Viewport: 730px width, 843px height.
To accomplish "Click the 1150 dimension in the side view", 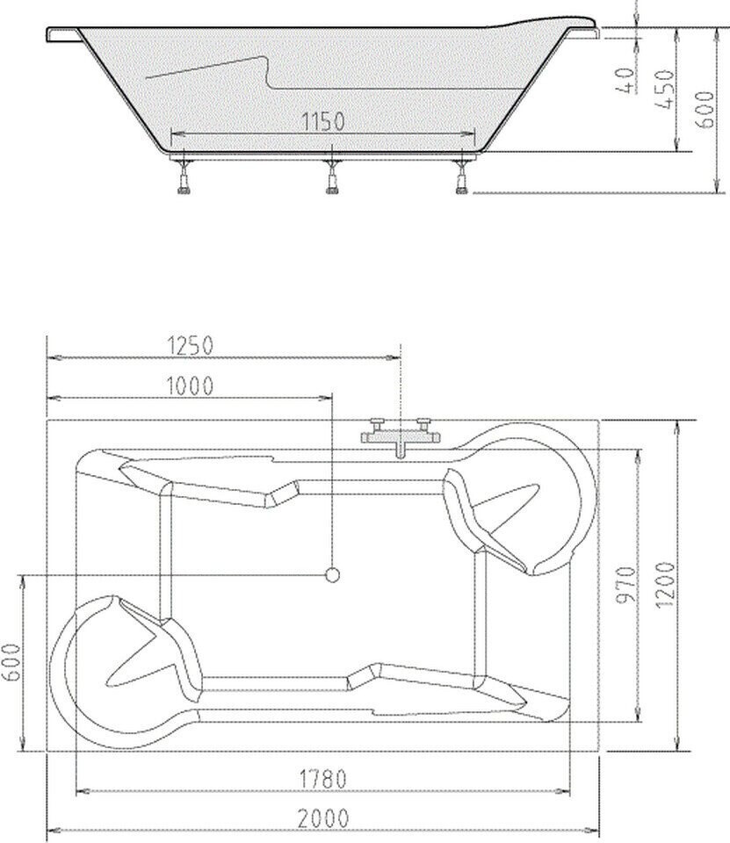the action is [322, 121].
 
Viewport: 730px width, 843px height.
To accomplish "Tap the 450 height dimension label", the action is [666, 90].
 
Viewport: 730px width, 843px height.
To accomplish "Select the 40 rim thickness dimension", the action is [625, 80].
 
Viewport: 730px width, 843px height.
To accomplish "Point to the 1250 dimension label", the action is [191, 345].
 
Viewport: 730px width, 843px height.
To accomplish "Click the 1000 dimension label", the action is [190, 385].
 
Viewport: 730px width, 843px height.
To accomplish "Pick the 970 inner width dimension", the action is [625, 584].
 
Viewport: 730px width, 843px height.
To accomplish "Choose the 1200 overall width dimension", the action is [666, 585].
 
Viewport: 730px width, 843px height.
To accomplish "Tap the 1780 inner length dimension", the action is [322, 779].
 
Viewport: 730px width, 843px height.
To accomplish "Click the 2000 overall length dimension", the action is [323, 818].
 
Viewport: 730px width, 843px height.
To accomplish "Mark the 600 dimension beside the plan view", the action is [11, 662].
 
